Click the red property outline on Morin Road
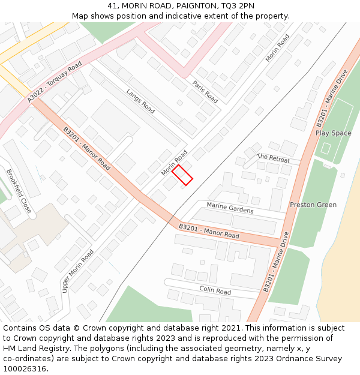pos(182,175)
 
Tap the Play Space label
pos(333,133)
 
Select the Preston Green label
pos(313,205)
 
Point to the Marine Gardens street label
pos(230,208)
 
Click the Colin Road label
pos(215,290)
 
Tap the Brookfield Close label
pos(18,191)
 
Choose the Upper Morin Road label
pos(77,271)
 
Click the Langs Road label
pos(140,101)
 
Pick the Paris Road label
pos(205,91)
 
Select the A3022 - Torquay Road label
pos(55,82)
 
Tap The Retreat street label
pos(273,158)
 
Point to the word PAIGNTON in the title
pos(176,5)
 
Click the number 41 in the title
pos(112,5)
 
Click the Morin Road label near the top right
pos(277,47)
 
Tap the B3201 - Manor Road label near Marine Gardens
pos(209,231)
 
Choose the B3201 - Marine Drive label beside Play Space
pos(332,98)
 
